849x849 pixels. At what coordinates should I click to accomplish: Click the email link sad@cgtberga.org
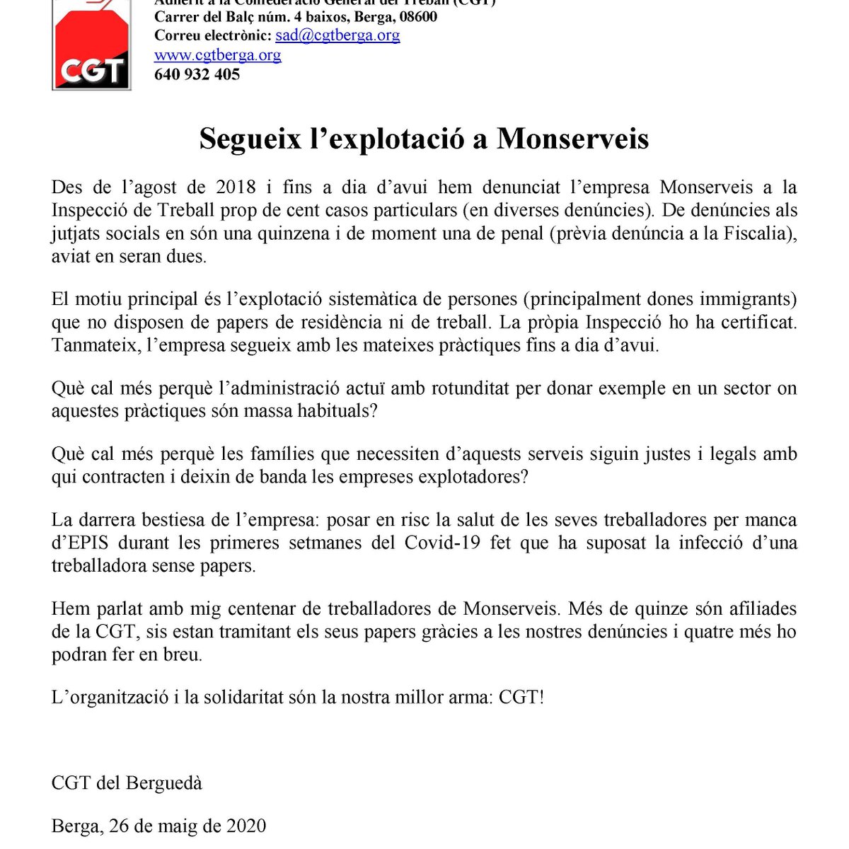point(337,35)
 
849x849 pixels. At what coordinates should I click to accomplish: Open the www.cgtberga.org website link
point(217,55)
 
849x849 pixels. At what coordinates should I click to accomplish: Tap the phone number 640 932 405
point(197,74)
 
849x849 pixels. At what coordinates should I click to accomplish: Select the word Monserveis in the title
point(572,139)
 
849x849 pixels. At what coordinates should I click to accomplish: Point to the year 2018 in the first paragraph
point(236,187)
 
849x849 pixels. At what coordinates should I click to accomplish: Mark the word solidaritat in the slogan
point(233,698)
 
